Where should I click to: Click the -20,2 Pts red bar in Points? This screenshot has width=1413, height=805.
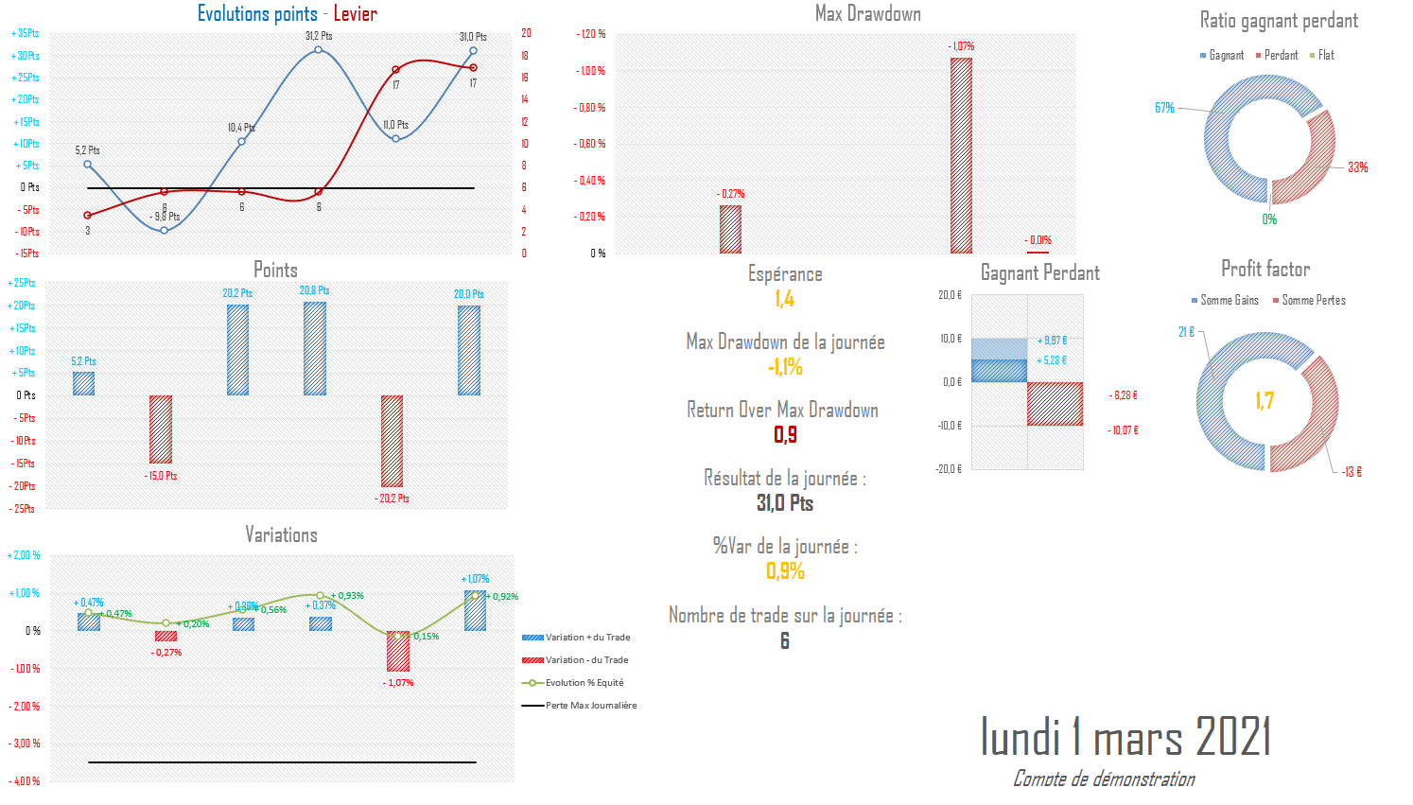392,441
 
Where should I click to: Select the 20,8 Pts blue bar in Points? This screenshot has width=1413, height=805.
315,348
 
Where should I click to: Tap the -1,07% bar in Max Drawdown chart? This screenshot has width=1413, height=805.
961,155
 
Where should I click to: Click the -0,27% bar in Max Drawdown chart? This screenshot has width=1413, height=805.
730,229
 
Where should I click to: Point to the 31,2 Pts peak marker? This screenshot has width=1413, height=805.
319,49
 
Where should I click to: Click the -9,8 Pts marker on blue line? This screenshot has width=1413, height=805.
165,230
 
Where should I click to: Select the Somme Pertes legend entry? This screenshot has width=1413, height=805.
1313,301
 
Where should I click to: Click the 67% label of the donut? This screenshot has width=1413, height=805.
1164,108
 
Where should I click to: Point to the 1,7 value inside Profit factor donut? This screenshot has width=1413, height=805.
1265,401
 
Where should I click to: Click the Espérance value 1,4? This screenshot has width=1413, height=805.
784,299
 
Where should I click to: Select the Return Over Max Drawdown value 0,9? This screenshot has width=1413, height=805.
785,435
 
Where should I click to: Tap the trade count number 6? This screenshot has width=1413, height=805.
784,641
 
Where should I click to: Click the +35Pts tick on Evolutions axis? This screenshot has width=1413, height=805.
26,34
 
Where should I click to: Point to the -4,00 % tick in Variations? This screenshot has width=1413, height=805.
25,781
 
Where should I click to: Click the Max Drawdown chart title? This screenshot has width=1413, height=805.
867,14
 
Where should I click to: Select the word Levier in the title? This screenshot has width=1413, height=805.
355,14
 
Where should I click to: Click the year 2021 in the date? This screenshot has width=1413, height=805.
1232,737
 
